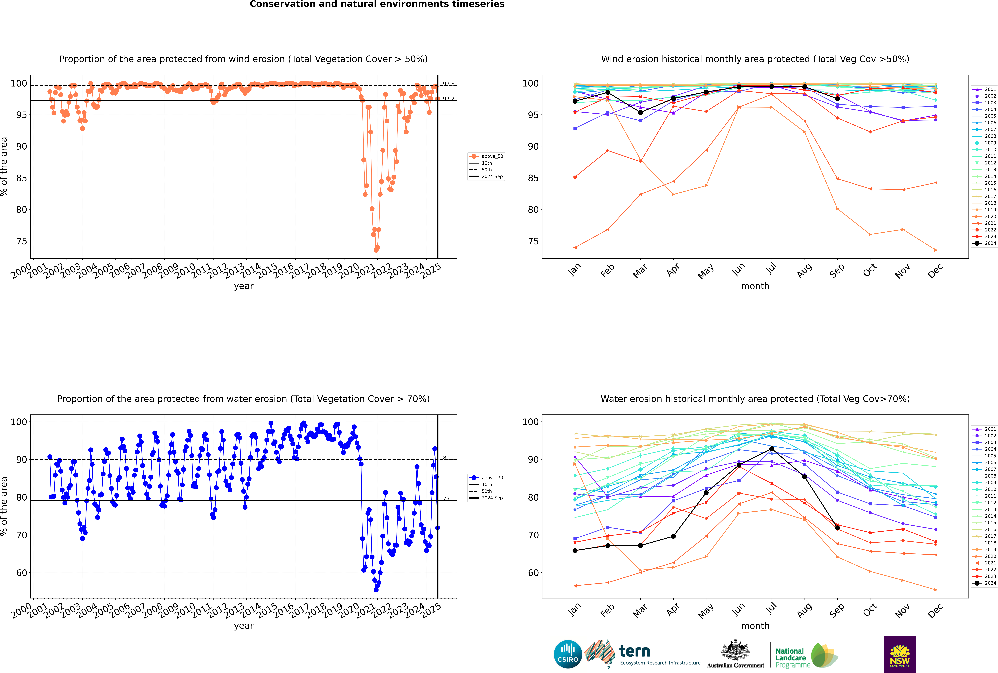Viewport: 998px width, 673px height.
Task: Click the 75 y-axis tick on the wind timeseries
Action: tap(21, 241)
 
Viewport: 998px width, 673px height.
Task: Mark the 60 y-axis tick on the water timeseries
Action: tap(21, 573)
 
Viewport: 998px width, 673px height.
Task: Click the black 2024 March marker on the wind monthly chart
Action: tap(641, 112)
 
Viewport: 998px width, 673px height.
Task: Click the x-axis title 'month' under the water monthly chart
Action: tap(755, 626)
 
